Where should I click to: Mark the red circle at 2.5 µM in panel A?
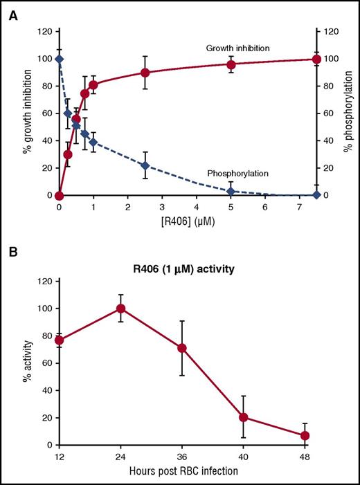(x=145, y=73)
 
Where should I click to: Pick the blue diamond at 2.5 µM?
(x=145, y=165)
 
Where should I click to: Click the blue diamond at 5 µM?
(x=231, y=191)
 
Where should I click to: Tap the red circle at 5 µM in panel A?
(x=231, y=65)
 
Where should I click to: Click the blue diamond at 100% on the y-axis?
(x=60, y=59)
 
